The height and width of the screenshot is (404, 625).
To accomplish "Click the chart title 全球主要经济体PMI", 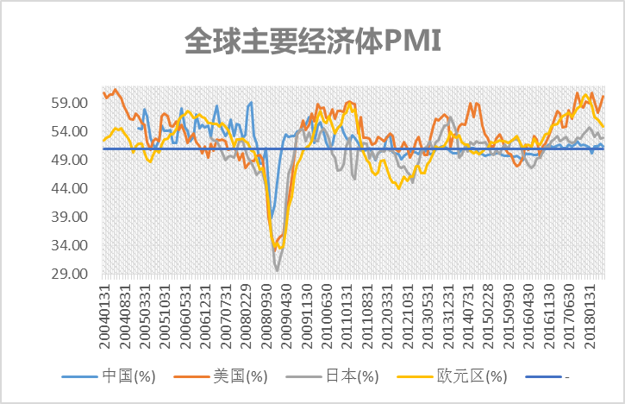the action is (x=313, y=41).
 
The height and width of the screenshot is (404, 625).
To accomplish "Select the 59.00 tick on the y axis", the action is (x=69, y=103).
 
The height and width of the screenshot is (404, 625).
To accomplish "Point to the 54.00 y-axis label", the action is (x=69, y=131).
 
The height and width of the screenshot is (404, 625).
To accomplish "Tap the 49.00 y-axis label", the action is (x=69, y=160).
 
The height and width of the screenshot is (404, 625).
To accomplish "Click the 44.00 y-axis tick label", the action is (x=69, y=188).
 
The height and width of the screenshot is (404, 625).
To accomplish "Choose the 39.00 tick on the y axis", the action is (x=69, y=217).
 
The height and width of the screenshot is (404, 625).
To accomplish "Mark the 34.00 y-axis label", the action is (x=69, y=245).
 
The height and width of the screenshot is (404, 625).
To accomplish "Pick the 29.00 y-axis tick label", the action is (x=69, y=274).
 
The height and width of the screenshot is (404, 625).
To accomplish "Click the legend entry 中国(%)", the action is (x=109, y=376).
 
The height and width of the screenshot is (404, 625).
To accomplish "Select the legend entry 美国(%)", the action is (x=221, y=376).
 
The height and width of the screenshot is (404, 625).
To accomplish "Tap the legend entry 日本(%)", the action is (x=333, y=376).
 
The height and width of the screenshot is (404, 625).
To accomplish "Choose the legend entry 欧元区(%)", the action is (x=452, y=376).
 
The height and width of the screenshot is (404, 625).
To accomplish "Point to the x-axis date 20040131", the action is (x=104, y=317).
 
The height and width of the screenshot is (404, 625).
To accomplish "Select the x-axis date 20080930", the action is (x=266, y=317).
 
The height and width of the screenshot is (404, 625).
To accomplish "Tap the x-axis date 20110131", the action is (x=347, y=317).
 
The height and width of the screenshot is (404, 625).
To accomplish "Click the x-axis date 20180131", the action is (x=590, y=317).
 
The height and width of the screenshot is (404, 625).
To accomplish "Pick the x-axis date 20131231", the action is (x=448, y=317).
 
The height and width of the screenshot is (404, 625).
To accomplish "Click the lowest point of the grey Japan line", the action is (x=277, y=271).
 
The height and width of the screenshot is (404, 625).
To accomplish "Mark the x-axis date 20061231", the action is (x=206, y=317).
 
